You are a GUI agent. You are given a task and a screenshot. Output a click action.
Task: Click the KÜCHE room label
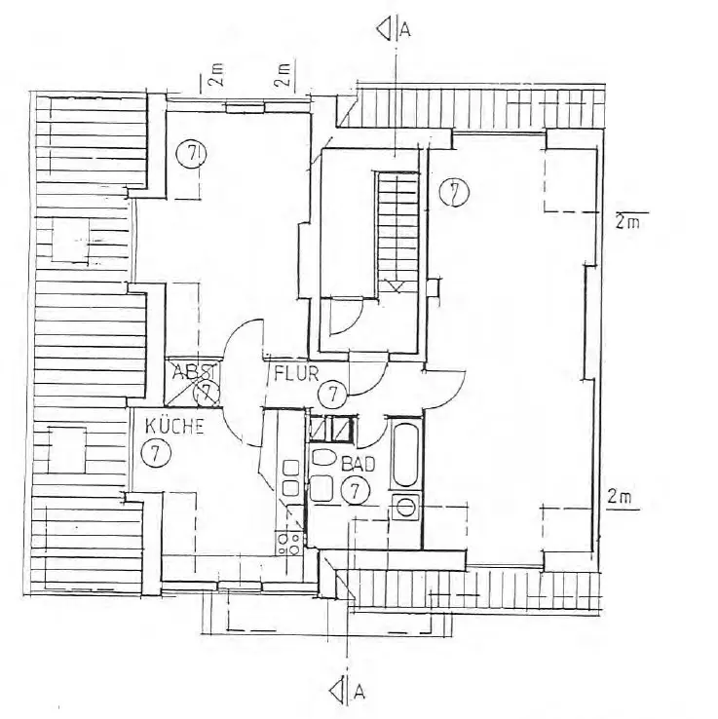(174, 426)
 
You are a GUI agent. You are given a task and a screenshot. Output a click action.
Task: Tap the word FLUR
(292, 372)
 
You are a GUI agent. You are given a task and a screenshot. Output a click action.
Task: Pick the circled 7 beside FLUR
(333, 394)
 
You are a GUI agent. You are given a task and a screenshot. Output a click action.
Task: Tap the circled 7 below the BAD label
(358, 489)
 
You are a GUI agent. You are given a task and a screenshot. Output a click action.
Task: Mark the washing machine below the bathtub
(404, 505)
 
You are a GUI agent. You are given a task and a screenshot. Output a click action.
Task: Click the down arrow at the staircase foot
(397, 285)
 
